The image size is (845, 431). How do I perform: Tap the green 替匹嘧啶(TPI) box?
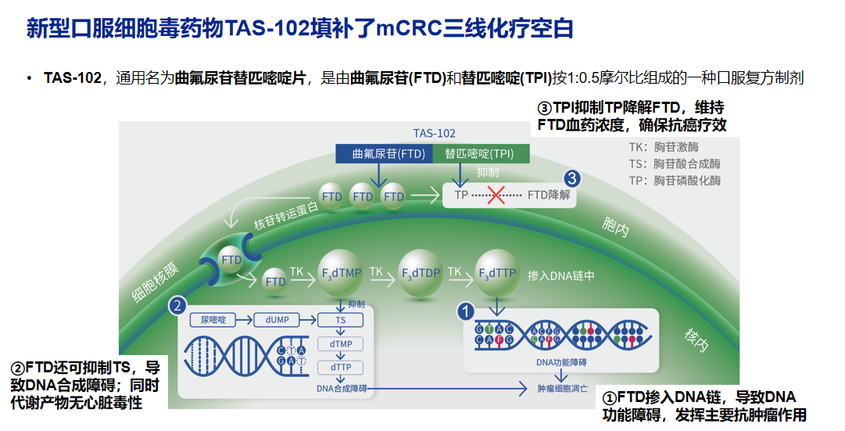[479, 153]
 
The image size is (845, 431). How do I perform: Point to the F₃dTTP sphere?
[496, 273]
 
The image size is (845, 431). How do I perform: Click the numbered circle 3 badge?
[572, 179]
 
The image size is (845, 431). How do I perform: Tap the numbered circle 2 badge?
[179, 305]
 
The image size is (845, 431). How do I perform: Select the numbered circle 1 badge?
[466, 311]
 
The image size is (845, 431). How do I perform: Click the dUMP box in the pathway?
[277, 320]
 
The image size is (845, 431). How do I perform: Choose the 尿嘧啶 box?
[213, 320]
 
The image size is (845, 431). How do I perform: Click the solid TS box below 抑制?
[341, 320]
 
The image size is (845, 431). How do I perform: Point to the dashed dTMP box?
[341, 343]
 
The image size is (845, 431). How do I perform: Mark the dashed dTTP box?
[341, 367]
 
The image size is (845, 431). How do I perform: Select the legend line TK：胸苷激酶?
[664, 146]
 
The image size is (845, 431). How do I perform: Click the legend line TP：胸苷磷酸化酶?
[675, 181]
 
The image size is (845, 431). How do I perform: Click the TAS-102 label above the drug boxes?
[434, 133]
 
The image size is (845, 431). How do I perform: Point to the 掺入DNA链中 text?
[561, 275]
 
